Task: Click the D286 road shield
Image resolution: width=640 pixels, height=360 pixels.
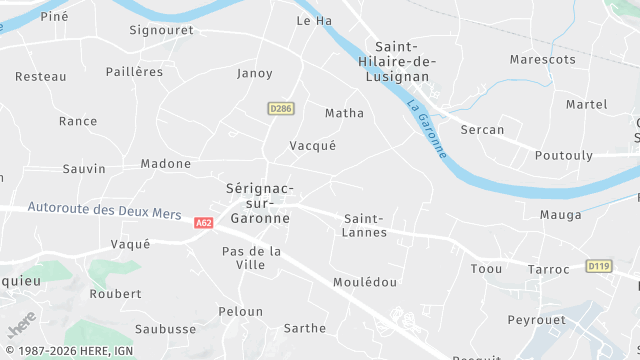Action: (x=281, y=108)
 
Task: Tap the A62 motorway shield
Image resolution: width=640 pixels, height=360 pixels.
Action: (x=204, y=223)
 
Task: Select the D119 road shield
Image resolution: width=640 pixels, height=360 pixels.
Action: (x=599, y=266)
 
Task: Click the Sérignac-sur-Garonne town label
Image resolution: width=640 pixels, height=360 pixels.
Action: (x=259, y=202)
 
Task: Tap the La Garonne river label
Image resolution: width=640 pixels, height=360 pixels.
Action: (x=427, y=127)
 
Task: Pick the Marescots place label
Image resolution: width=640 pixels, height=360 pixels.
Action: (x=543, y=60)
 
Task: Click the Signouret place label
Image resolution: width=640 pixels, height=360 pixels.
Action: (x=160, y=30)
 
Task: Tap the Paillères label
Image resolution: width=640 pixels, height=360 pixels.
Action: (x=134, y=72)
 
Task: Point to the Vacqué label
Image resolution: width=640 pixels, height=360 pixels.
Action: (x=312, y=145)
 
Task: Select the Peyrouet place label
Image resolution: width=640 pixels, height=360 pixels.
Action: (x=536, y=320)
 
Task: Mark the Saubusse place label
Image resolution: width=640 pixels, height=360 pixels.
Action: (x=165, y=329)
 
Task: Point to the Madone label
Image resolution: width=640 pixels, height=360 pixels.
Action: (x=165, y=164)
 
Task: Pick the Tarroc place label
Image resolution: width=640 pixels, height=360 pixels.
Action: (x=548, y=269)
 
